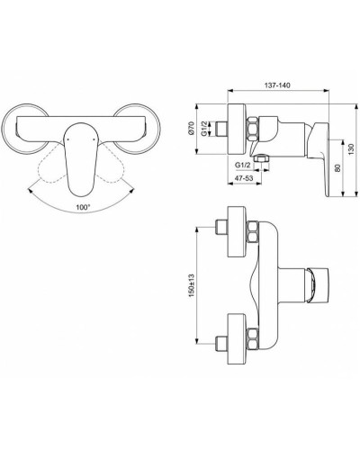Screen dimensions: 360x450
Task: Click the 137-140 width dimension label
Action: (277, 85)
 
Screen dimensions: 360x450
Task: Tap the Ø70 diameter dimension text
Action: (193, 129)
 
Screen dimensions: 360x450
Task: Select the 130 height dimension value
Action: (352, 149)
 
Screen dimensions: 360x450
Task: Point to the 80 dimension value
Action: (337, 168)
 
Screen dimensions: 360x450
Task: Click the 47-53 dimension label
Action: (244, 178)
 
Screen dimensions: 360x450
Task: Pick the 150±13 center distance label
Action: (192, 285)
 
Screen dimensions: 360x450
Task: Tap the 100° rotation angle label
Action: (83, 207)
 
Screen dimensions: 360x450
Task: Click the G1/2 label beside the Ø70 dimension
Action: (204, 129)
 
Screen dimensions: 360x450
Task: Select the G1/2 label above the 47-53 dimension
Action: (242, 165)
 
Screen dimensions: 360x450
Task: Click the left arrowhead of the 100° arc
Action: (31, 191)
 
